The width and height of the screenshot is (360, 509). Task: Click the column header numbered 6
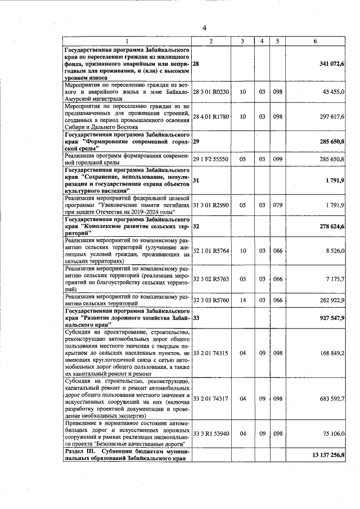315,41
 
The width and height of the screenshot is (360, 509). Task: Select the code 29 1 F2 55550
210,160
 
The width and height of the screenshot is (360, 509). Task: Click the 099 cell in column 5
277,160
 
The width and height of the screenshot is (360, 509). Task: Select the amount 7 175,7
335,278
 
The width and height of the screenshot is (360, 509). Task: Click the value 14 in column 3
242,300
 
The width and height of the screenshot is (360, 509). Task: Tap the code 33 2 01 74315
210,353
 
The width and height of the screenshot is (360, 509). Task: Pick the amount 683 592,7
332,399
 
